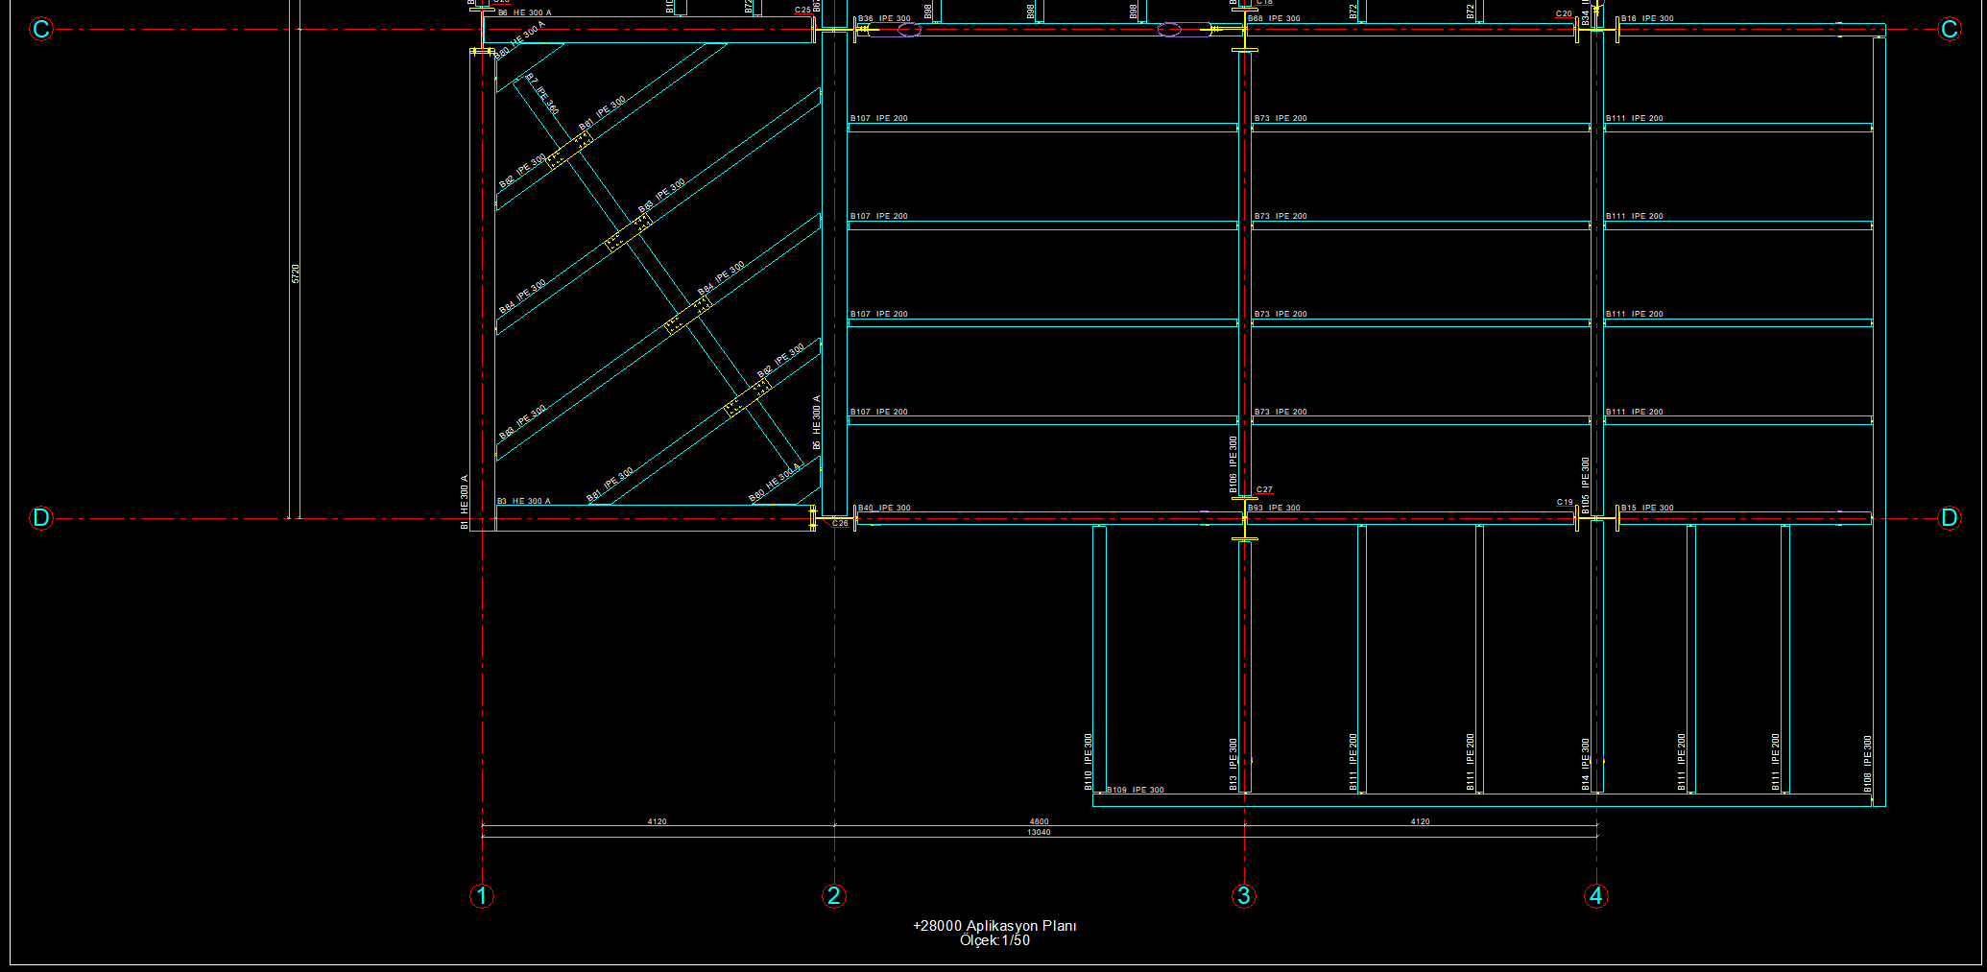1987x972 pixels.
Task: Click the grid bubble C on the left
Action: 40,30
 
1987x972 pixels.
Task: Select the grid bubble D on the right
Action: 1949,518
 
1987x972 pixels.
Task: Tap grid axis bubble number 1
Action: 482,896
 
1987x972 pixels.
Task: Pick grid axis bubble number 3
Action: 1244,896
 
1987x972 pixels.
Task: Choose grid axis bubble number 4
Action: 1596,896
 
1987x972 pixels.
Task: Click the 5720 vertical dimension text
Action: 296,273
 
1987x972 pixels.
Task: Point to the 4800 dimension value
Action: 1039,821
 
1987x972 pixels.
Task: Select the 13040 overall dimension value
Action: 1039,833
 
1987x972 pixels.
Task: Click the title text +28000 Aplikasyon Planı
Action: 994,926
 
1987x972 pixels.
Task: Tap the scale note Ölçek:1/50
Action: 994,941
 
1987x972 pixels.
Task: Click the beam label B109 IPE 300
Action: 1135,791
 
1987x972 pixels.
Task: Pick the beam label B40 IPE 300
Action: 884,508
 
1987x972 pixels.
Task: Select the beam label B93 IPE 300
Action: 1274,508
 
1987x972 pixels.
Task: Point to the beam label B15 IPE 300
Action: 1647,508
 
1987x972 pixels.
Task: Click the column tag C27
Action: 1264,490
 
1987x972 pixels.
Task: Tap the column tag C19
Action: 1565,502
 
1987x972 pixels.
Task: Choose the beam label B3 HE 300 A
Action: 524,501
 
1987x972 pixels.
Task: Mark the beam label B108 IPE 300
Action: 1868,764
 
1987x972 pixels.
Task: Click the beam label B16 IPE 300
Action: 1647,18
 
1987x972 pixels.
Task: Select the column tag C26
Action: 840,524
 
